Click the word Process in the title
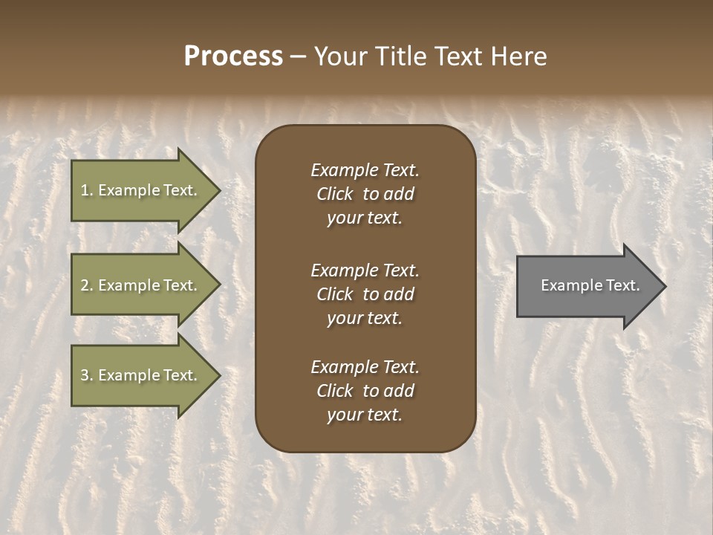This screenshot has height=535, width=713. (233, 56)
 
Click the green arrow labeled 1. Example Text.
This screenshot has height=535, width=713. (138, 190)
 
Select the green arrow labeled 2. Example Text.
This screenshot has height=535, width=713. (138, 285)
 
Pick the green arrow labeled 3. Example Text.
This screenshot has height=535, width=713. (138, 375)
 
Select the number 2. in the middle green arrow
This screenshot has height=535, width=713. (86, 285)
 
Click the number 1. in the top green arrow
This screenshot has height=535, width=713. (86, 190)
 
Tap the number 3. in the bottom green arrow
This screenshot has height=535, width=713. (86, 375)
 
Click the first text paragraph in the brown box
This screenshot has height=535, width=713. (365, 194)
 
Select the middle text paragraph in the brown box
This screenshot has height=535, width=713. (365, 294)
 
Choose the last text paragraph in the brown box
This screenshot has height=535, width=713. (365, 391)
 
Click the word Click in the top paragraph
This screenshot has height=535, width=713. (334, 194)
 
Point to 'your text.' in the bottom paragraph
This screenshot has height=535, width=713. (365, 415)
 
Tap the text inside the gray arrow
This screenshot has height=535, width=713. (590, 285)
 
